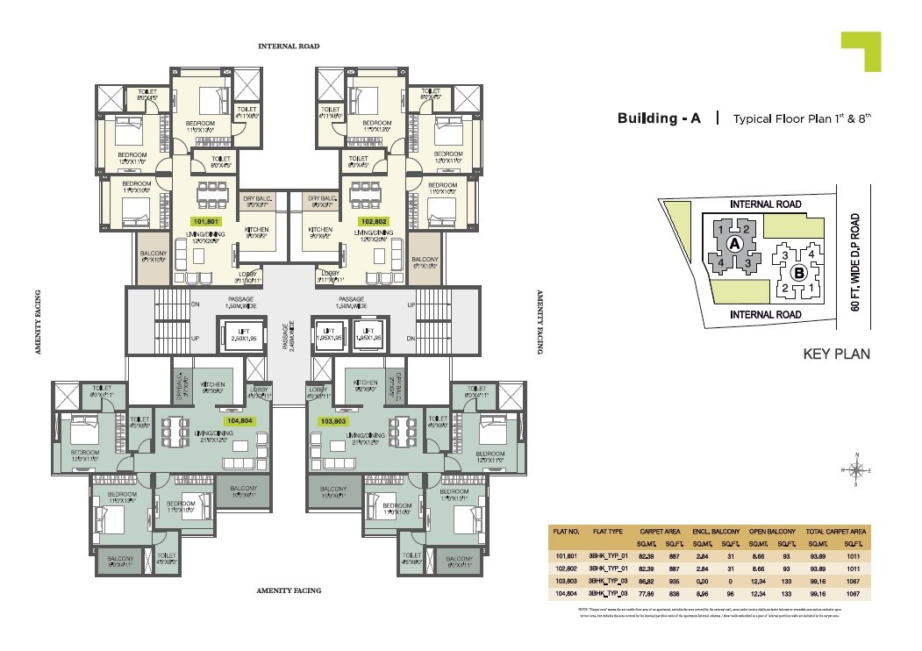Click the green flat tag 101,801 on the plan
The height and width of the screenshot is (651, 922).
[206, 222]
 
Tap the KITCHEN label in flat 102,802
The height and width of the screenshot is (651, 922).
[319, 232]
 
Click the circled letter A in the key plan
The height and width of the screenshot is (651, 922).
[735, 243]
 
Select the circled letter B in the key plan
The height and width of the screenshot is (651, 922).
[799, 273]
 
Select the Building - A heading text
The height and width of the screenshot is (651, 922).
[659, 118]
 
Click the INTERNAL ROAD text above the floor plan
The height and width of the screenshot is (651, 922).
[288, 46]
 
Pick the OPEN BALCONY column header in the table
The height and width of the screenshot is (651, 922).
[772, 532]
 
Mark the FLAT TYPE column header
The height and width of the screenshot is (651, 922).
[607, 532]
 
